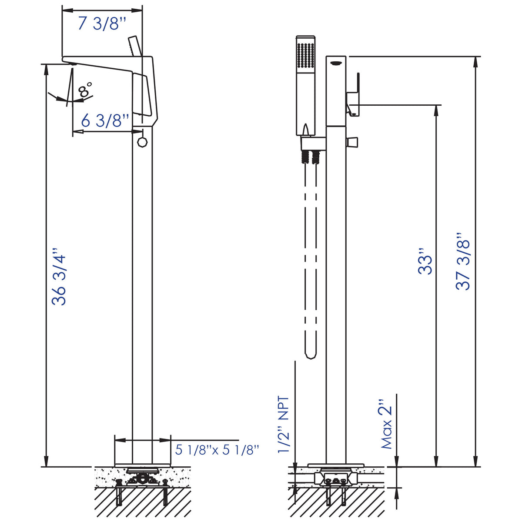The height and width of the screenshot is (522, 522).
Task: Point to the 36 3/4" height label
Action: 59,277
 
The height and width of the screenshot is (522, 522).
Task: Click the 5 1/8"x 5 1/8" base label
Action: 217,449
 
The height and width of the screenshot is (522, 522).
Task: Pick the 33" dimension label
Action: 425,261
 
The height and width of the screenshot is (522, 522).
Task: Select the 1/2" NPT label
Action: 283,425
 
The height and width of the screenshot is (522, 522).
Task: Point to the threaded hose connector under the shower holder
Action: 311,156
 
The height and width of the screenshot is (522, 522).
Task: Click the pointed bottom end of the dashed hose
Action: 311,356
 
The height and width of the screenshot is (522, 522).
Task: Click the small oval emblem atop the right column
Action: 336,64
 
